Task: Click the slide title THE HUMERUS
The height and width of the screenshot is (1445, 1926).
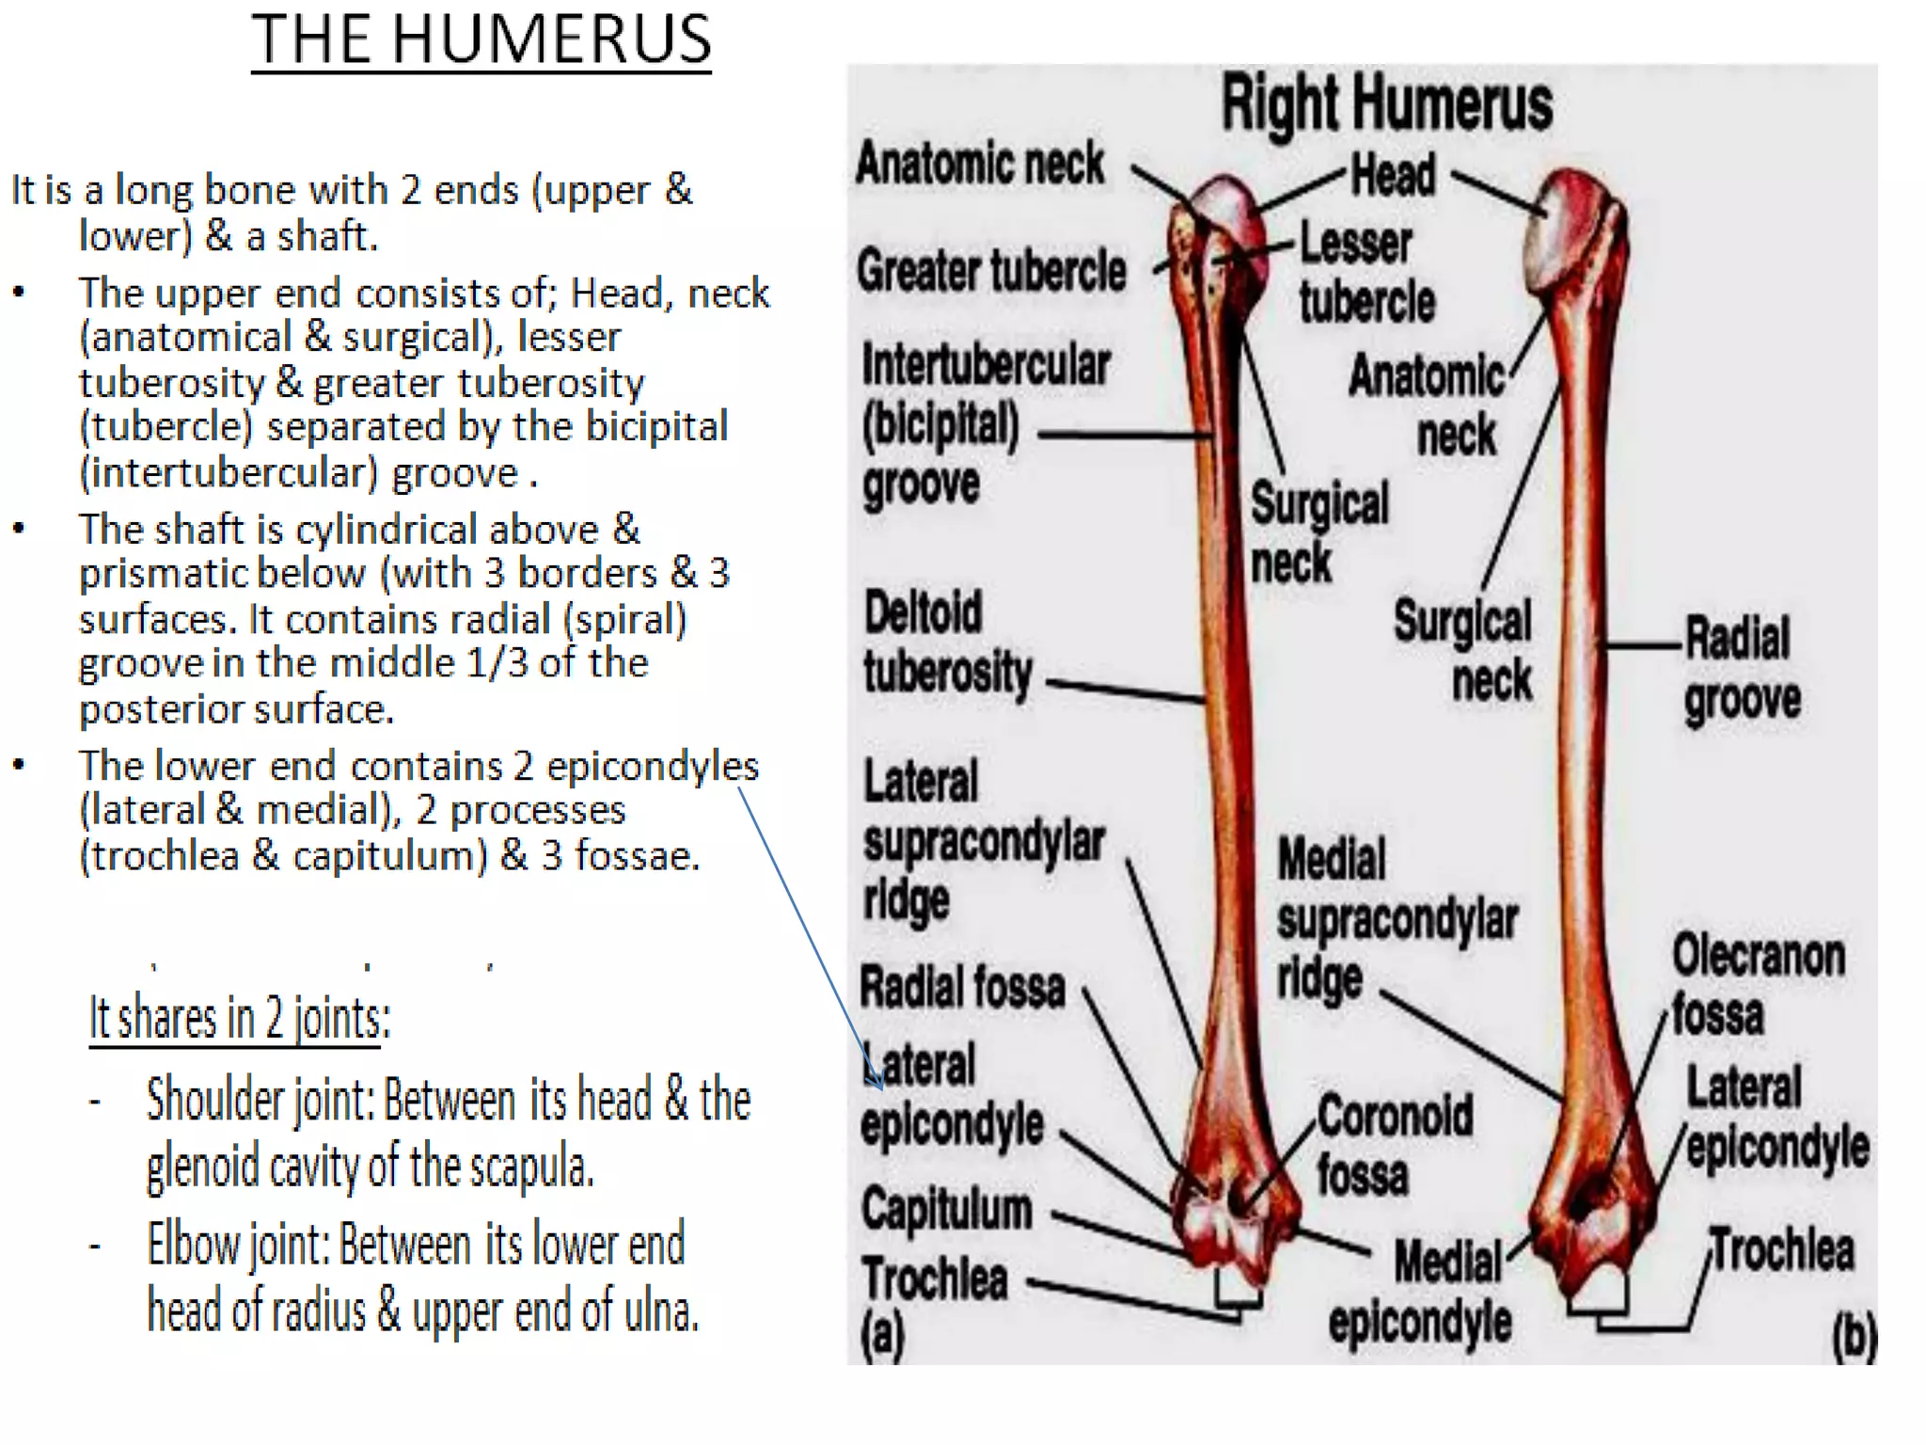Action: click(481, 40)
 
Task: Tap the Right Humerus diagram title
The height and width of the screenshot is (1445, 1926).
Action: click(1386, 103)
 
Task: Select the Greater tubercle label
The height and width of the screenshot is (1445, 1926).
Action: click(991, 271)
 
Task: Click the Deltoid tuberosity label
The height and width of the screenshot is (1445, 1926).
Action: click(947, 643)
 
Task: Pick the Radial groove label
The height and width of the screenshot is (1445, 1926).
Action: click(1741, 669)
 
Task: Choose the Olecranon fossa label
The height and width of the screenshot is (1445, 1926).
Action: click(1757, 984)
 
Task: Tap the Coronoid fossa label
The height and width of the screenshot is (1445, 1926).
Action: click(1394, 1145)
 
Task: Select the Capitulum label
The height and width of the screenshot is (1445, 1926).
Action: click(946, 1209)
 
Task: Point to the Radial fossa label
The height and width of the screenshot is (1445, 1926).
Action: click(962, 988)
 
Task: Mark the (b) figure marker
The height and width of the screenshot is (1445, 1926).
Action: click(1854, 1335)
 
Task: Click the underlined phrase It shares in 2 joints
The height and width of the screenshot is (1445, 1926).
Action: click(239, 1018)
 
